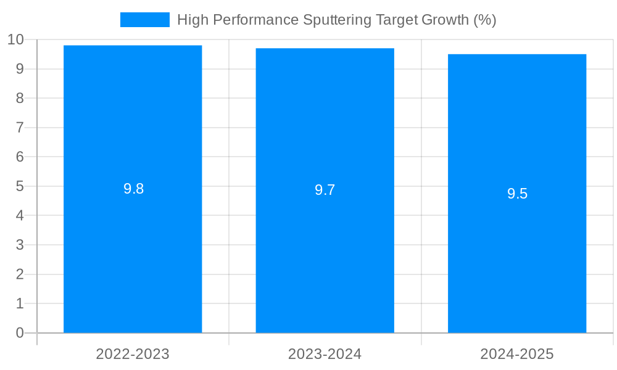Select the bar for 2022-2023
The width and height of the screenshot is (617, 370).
[x=133, y=247]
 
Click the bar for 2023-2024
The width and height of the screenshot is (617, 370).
[x=325, y=247]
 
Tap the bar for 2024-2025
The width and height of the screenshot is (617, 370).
[x=517, y=247]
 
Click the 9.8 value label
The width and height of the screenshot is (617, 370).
[x=133, y=189]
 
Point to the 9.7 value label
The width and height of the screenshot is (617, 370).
[x=325, y=191]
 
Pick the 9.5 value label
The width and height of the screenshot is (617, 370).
[x=517, y=194]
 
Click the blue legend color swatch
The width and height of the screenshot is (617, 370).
[x=145, y=20]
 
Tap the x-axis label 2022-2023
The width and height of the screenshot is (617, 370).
[x=133, y=354]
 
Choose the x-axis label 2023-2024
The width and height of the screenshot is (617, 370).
[x=325, y=354]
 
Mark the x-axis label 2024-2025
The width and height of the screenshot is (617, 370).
[x=517, y=354]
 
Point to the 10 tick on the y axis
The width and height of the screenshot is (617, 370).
[x=15, y=40]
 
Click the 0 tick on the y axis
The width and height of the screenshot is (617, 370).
[x=20, y=333]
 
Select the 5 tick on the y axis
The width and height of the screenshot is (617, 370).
[x=20, y=186]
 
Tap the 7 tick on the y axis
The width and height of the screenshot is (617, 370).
[x=20, y=128]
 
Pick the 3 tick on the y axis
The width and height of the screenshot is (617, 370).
[x=20, y=245]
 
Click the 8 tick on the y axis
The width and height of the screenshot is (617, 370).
[x=20, y=99]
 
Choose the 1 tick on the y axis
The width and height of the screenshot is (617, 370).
[x=20, y=303]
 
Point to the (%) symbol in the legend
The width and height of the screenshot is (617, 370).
[x=485, y=20]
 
